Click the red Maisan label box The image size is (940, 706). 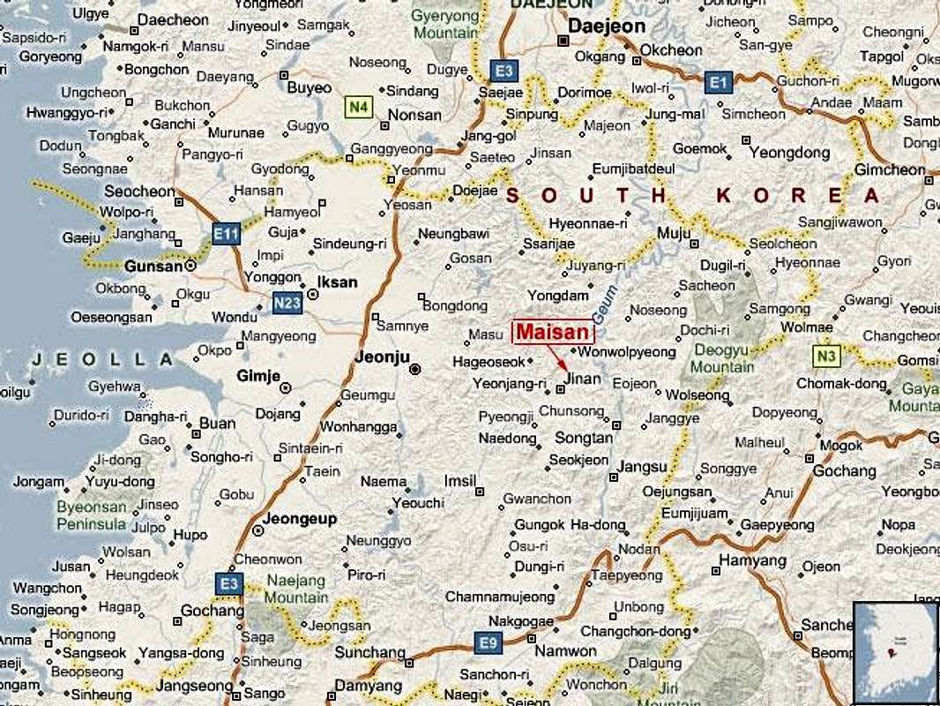pos(553,332)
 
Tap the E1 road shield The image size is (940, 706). pos(719,83)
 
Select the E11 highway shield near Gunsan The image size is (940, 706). pos(226,234)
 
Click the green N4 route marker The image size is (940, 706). pos(357,108)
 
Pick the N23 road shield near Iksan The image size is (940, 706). pos(287,301)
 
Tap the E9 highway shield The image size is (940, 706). pos(488,642)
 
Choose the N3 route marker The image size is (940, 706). pos(825,356)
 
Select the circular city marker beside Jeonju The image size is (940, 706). pos(415,369)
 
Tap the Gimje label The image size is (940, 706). pos(257,377)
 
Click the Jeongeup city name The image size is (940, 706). pos(300,519)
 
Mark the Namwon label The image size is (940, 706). pos(565,651)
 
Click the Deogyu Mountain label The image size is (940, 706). pos(722,358)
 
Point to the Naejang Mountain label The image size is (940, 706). pos(296,590)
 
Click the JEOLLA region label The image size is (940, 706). pos(102,359)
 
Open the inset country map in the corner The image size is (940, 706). pos(895,651)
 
